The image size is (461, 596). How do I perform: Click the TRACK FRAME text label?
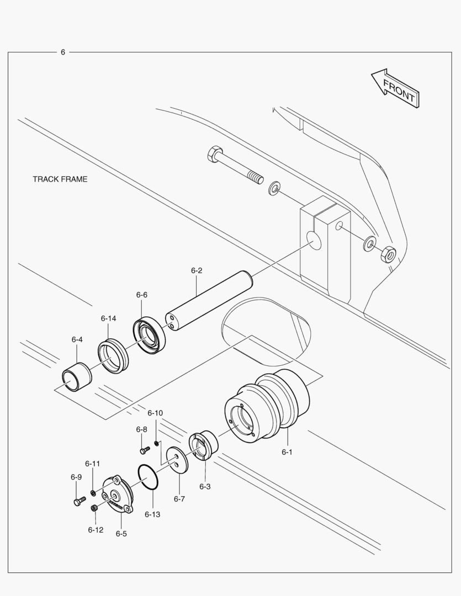click(60, 179)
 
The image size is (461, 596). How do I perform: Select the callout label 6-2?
click(197, 270)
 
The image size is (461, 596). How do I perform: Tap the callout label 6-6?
click(142, 295)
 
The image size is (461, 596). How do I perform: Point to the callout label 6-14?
click(108, 318)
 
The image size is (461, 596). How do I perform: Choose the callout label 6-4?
click(77, 339)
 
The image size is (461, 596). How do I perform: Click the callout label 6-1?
click(287, 452)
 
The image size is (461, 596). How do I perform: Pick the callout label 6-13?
click(152, 514)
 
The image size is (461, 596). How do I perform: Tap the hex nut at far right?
click(388, 254)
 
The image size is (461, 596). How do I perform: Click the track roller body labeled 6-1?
click(268, 408)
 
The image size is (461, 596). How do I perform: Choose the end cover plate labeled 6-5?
click(116, 495)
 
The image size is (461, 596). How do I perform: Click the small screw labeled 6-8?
click(144, 450)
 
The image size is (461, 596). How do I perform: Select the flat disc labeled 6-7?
click(177, 459)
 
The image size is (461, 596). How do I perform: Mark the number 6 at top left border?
click(63, 52)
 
